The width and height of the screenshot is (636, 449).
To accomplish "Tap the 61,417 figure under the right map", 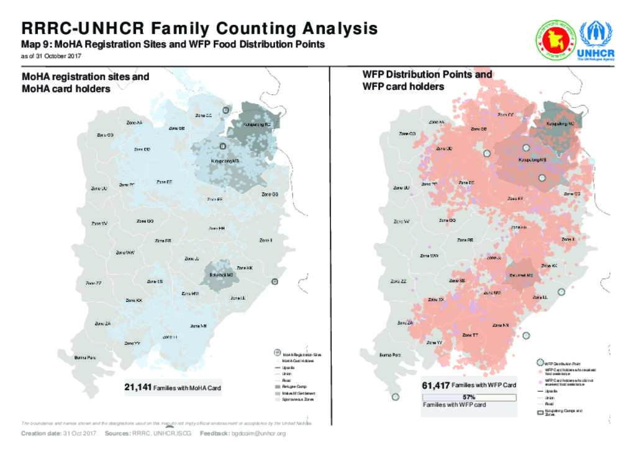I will pyautogui.click(x=436, y=385).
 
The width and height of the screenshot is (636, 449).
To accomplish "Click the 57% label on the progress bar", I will pyautogui.click(x=469, y=397).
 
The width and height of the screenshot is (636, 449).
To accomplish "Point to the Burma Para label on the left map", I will pyautogui.click(x=85, y=358).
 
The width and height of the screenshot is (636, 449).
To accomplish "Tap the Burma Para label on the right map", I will pyautogui.click(x=390, y=355).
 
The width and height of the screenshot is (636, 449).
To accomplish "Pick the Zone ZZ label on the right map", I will pyautogui.click(x=398, y=281).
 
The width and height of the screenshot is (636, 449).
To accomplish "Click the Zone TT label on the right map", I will pyautogui.click(x=470, y=335).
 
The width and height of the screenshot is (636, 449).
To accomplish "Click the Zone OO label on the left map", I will pyautogui.click(x=104, y=135).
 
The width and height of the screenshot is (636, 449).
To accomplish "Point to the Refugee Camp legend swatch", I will pyautogui.click(x=277, y=386).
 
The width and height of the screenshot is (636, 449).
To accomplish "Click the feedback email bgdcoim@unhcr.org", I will pyautogui.click(x=258, y=433).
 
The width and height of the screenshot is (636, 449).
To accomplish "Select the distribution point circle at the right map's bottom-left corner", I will pyautogui.click(x=394, y=396).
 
